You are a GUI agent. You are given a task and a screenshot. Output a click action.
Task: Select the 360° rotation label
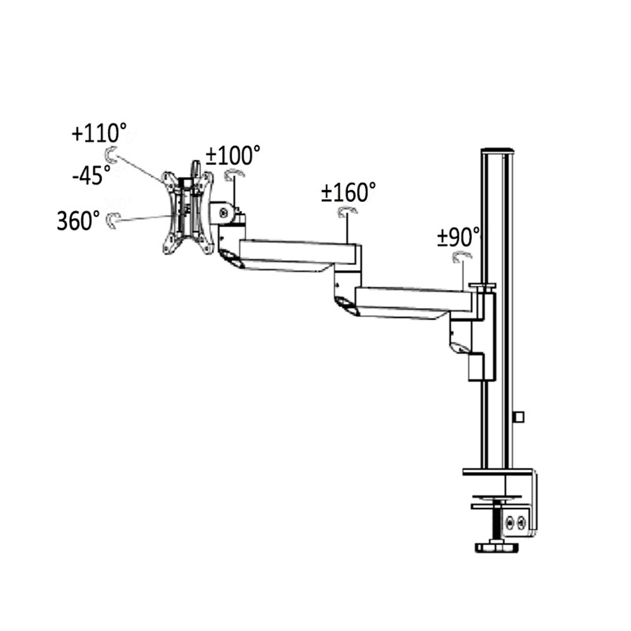pyautogui.click(x=78, y=220)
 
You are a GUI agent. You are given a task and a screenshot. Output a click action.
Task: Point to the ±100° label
pyautogui.click(x=233, y=155)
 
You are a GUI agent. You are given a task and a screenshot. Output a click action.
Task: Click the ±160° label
pyautogui.click(x=348, y=192)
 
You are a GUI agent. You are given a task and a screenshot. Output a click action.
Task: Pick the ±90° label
pyautogui.click(x=459, y=237)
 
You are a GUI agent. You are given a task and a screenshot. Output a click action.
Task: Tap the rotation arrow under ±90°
pyautogui.click(x=462, y=256)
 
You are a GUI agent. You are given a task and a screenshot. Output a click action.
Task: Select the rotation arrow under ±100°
pyautogui.click(x=234, y=174)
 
